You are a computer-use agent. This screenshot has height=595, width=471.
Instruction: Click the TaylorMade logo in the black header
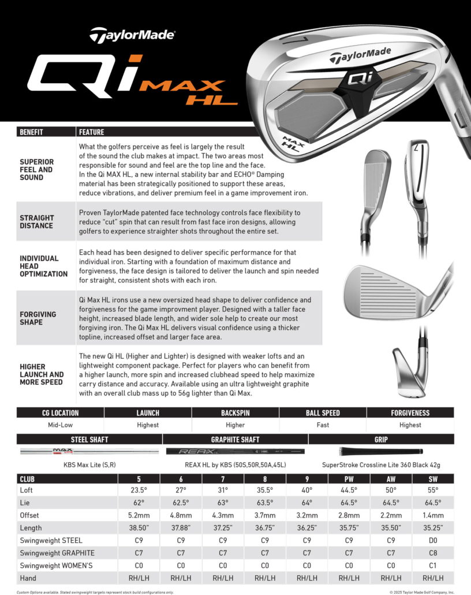coord(132,35)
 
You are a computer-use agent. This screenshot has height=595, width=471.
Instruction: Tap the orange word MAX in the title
coord(182,86)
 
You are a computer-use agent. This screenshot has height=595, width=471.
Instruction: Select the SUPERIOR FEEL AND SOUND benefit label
coord(36,170)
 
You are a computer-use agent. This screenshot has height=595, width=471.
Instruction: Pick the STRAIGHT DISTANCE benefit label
coord(36,222)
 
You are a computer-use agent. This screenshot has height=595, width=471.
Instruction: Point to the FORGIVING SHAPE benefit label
coord(38,318)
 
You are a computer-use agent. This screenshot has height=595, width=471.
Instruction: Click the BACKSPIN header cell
coord(235,413)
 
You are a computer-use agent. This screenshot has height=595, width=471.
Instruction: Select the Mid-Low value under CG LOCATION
coord(60,425)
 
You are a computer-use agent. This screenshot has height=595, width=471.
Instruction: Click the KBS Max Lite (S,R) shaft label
coord(89,464)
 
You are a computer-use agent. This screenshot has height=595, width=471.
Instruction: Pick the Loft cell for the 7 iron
coord(222,490)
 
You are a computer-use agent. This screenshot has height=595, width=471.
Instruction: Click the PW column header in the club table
coord(349,479)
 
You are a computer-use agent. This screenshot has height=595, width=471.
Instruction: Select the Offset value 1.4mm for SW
coord(433,515)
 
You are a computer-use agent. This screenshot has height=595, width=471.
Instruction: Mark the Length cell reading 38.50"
coord(139,528)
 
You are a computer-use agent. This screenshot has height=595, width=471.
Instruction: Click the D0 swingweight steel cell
coord(433,541)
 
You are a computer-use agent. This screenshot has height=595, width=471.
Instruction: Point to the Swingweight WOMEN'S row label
coord(56,566)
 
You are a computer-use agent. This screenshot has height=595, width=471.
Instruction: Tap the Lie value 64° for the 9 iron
coord(306,503)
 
